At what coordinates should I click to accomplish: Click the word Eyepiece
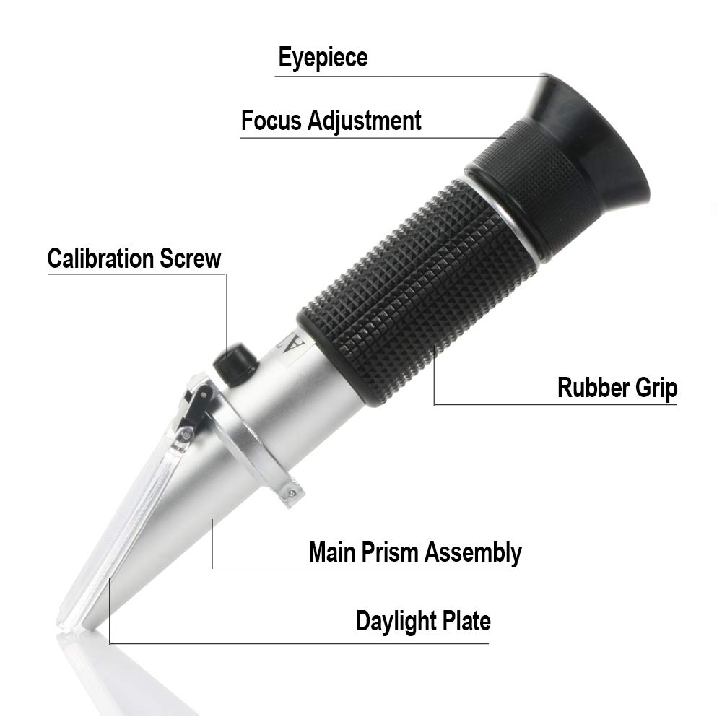[323, 58]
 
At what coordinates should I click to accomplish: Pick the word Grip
[653, 388]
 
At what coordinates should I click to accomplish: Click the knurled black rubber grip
[419, 289]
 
